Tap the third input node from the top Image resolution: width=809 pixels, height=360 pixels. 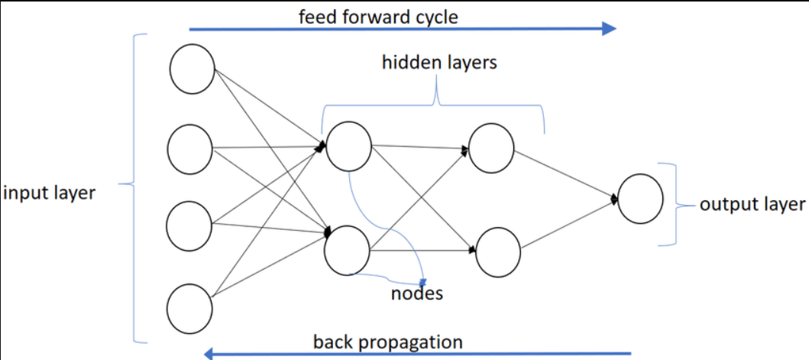190,225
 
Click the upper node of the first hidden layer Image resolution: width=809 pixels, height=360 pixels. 348,144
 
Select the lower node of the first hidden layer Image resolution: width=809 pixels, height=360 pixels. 348,249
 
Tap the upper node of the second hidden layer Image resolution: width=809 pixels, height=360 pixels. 491,148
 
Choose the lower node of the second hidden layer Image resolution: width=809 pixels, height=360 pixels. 498,251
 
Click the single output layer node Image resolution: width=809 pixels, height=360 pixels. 640,199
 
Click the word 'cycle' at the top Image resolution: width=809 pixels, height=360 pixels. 433,16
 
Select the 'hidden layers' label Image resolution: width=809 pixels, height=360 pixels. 439,63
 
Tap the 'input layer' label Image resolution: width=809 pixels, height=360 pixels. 49,193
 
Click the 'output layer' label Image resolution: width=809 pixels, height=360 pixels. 752,204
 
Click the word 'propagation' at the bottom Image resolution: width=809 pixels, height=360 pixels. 410,342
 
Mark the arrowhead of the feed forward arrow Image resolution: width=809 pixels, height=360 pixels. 609,29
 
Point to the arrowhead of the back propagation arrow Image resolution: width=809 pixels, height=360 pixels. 209,353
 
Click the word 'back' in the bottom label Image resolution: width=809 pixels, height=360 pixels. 332,342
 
